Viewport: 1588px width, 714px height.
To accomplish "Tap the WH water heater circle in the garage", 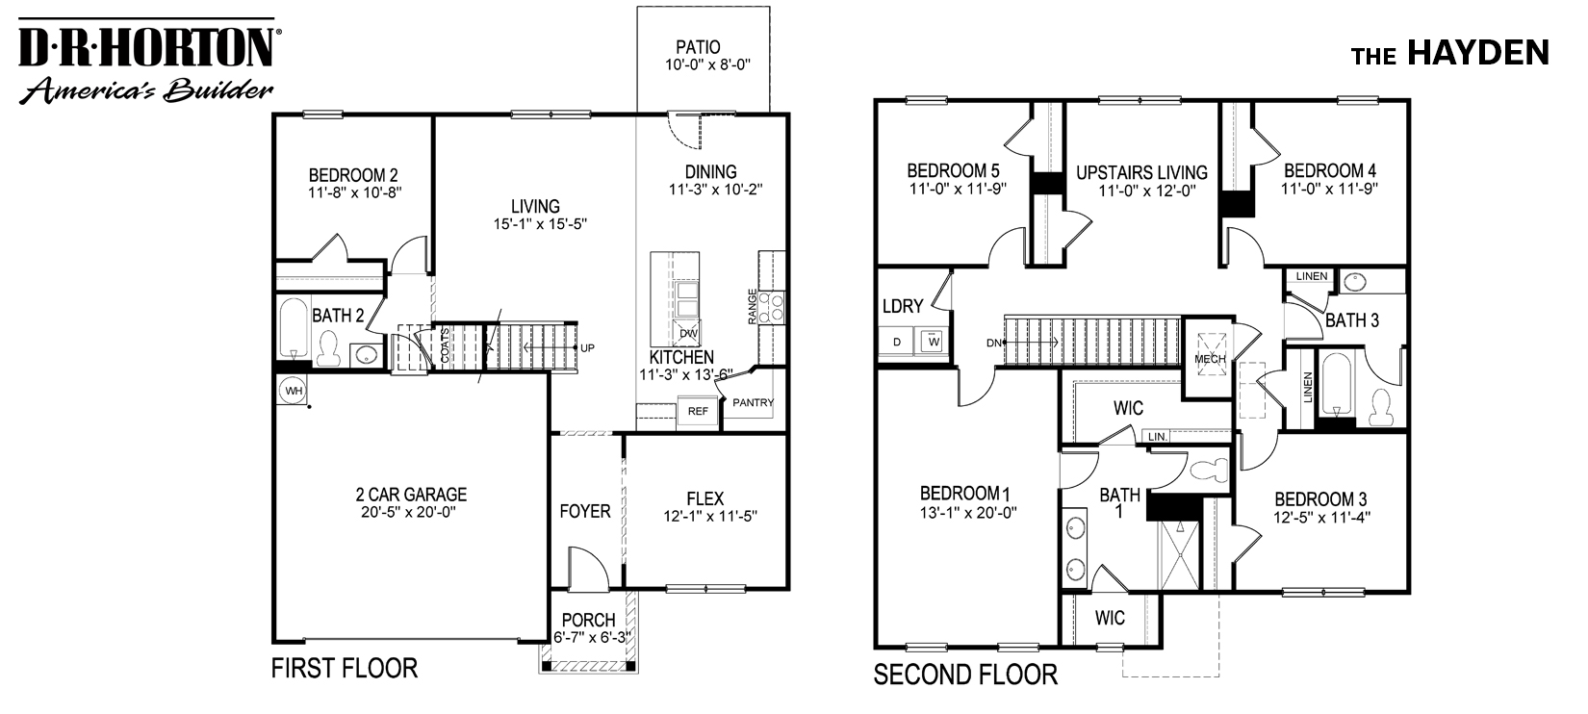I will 293,390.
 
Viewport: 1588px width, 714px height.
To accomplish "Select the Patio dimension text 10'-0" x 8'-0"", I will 706,65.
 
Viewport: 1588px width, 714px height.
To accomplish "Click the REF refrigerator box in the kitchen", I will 698,411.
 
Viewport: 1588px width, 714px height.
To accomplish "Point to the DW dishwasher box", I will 688,333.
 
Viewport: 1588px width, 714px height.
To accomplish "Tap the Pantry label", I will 753,402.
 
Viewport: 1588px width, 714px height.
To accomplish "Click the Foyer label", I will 585,511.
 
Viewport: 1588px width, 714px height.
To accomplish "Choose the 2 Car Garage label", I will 411,495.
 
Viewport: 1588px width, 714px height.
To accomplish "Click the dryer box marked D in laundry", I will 897,341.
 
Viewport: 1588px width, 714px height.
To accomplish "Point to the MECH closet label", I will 1210,359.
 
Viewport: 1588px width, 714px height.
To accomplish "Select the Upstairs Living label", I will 1141,172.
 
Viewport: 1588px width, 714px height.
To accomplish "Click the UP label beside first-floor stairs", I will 588,346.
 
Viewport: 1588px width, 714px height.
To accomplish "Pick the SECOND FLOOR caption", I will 965,675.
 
